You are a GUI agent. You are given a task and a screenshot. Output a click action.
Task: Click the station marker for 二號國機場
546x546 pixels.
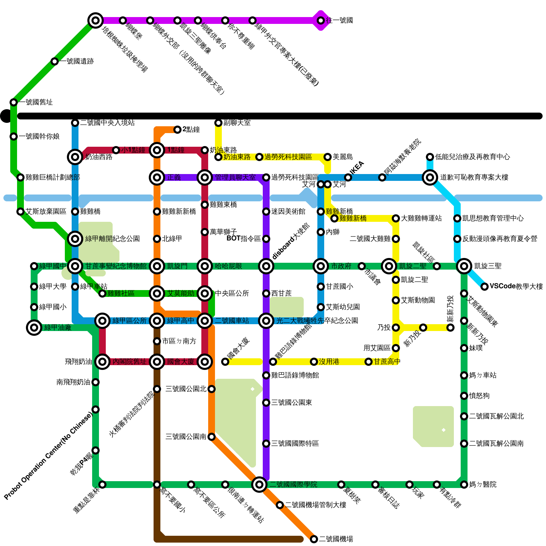point(314,539)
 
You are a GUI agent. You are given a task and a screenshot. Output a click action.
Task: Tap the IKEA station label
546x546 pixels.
point(357,168)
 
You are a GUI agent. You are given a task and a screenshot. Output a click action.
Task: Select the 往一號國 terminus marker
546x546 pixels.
point(321,20)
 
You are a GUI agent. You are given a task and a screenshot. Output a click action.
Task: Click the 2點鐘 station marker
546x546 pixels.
point(177,130)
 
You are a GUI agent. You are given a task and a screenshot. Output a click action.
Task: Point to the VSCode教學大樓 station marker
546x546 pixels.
point(485,287)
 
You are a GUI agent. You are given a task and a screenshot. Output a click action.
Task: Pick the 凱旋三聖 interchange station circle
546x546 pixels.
point(464,266)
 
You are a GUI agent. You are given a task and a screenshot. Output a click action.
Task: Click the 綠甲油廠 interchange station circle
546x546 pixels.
point(34,328)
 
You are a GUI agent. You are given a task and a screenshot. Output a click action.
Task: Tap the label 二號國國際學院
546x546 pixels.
point(293,485)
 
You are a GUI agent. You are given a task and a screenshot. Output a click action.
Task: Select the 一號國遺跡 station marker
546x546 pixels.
point(55,61)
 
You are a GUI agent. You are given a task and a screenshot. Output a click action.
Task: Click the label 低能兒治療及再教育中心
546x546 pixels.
point(472,157)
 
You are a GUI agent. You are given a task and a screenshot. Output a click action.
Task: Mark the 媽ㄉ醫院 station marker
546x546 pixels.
point(464,485)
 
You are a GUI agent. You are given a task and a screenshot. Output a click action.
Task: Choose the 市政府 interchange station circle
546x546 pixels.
point(321,266)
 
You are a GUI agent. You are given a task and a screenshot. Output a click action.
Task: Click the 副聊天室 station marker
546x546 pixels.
point(218,123)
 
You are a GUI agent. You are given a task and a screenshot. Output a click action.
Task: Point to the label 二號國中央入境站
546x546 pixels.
point(107,123)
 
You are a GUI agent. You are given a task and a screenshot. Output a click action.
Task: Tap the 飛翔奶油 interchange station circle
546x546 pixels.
point(102,362)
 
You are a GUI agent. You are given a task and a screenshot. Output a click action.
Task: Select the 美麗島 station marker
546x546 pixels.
point(328,157)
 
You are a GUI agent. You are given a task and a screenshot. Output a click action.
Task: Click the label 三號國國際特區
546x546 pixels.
point(295,444)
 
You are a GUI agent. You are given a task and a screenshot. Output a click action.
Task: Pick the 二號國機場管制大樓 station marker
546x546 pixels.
point(280,505)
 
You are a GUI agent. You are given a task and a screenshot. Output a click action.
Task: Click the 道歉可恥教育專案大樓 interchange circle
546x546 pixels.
point(430,177)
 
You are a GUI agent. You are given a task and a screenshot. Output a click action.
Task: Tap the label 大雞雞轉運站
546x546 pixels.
point(421,218)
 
